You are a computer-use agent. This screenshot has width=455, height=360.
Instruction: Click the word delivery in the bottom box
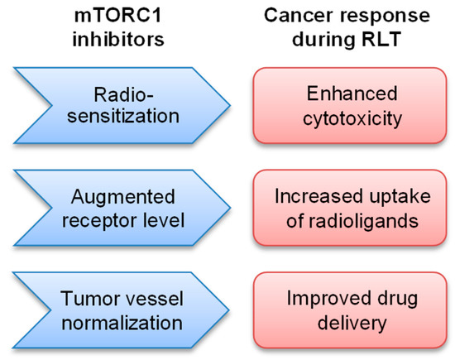click(x=343, y=319)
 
